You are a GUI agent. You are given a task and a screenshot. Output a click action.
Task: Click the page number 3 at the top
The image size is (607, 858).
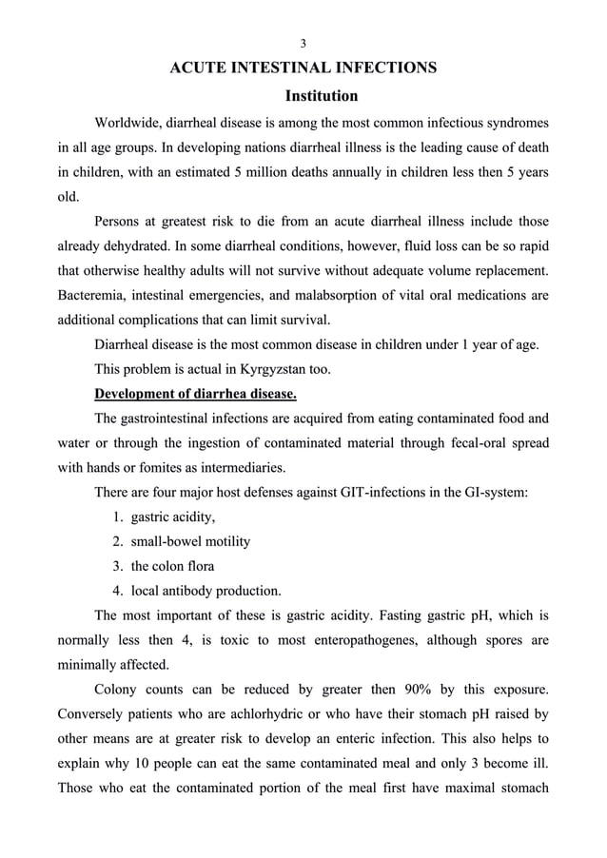click(303, 43)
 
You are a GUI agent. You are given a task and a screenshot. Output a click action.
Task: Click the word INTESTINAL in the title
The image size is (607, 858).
click(262, 68)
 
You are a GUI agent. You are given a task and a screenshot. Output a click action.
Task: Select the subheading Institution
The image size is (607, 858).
click(322, 96)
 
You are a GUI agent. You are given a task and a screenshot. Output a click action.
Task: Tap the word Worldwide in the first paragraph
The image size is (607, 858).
click(128, 124)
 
